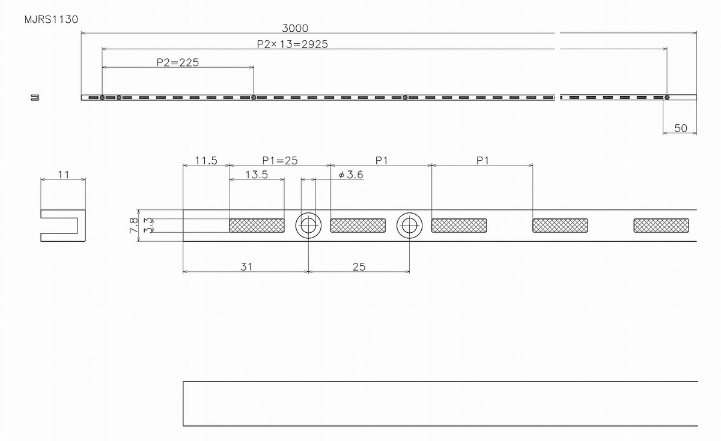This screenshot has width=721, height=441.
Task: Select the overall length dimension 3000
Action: [295, 28]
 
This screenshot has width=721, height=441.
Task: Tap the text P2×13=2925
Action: [292, 44]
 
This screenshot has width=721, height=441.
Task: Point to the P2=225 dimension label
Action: [177, 62]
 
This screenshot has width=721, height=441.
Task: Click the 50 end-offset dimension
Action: [681, 128]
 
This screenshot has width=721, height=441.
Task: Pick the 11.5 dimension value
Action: [205, 160]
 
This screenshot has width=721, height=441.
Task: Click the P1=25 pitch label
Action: [280, 160]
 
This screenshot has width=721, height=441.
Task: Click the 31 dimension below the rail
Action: [246, 266]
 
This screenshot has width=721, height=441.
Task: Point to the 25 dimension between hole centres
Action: [359, 266]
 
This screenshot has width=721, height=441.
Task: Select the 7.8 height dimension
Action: [134, 225]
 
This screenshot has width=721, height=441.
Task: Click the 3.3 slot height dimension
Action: [147, 225]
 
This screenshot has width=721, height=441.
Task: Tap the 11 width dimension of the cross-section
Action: [64, 175]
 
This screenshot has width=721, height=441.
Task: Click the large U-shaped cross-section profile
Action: [62, 226]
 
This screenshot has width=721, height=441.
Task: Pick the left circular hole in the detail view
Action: [308, 226]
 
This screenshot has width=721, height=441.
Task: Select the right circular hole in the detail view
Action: [410, 226]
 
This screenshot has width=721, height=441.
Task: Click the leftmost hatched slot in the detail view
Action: [257, 226]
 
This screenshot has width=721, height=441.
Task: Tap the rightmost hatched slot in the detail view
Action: [661, 226]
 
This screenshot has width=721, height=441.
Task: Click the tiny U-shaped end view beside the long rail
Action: [35, 97]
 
